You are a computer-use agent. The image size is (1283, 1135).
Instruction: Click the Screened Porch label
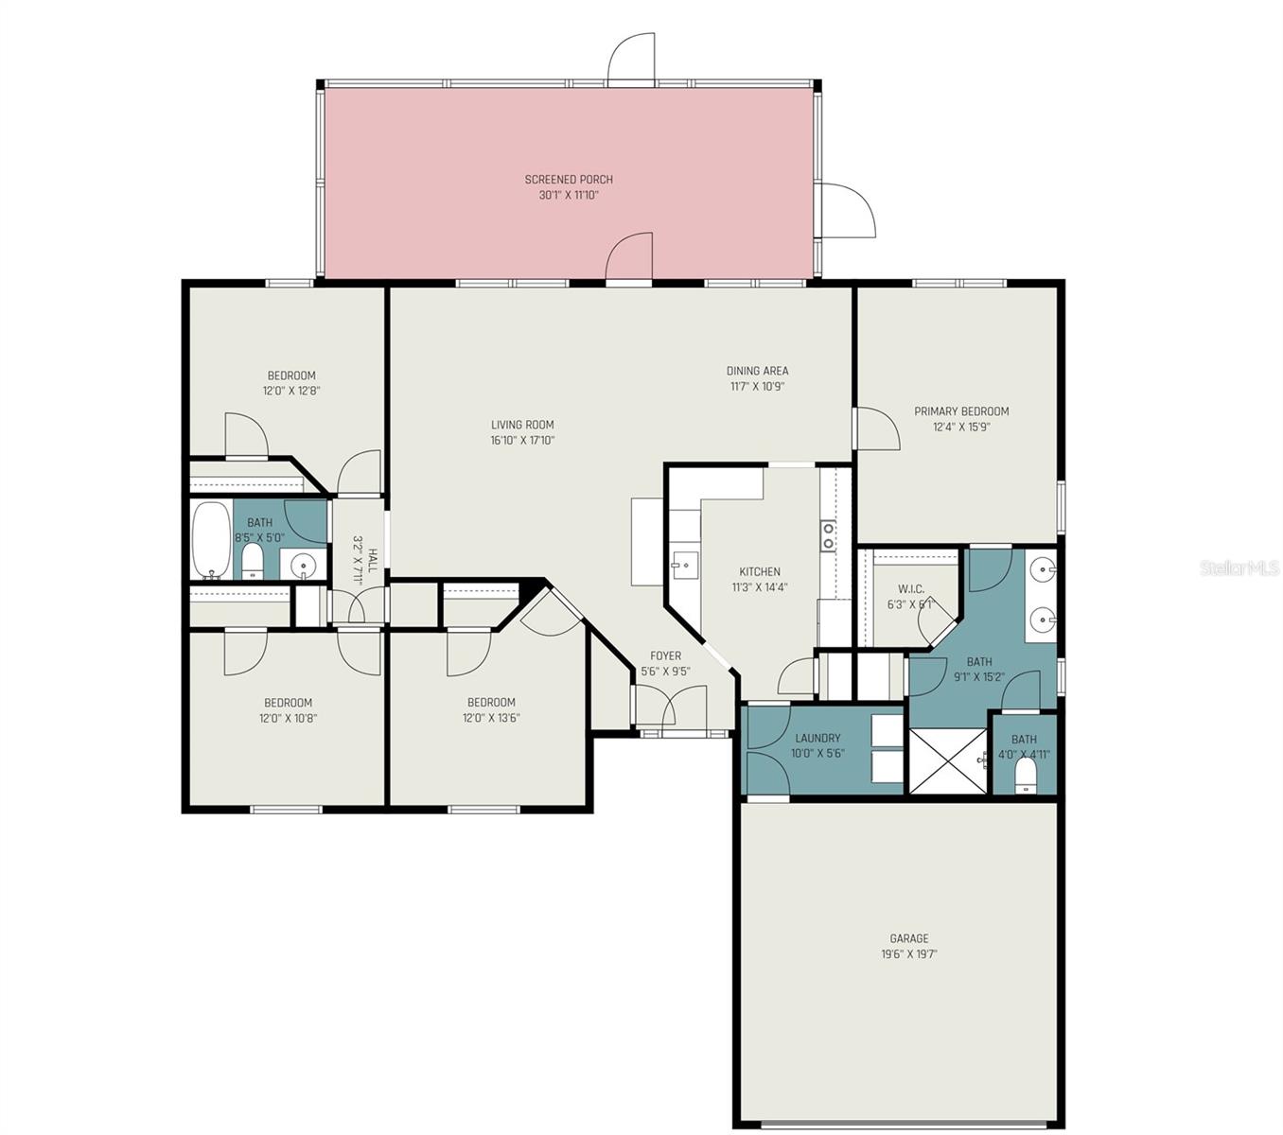click(x=569, y=180)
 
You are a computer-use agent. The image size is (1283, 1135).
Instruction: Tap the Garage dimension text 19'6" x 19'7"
click(x=908, y=954)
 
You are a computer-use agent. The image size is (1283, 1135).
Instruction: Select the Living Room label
click(x=522, y=425)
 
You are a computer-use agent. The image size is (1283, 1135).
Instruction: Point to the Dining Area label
click(x=757, y=371)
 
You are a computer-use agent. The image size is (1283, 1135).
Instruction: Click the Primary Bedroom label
click(x=961, y=411)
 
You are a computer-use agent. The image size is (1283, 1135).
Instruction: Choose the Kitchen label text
click(x=760, y=571)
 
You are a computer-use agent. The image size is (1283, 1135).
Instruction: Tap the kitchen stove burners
click(x=828, y=535)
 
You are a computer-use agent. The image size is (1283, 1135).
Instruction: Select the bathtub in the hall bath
click(x=210, y=541)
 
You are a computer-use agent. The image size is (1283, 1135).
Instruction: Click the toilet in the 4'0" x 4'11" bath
click(x=1025, y=777)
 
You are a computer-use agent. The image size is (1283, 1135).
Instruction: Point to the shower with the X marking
click(x=947, y=760)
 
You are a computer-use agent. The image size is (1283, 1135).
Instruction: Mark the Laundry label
click(x=817, y=738)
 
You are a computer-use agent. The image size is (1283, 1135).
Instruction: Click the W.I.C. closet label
click(x=911, y=589)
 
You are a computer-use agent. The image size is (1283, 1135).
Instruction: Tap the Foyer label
click(x=665, y=655)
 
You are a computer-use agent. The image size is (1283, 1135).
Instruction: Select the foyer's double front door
click(x=669, y=708)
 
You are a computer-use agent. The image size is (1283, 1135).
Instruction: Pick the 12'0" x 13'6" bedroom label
click(x=491, y=702)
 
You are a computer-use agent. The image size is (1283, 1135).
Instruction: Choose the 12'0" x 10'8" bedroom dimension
click(x=290, y=718)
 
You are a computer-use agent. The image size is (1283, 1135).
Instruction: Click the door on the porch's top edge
click(x=631, y=61)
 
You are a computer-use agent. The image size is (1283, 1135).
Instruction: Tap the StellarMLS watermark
click(x=1239, y=567)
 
